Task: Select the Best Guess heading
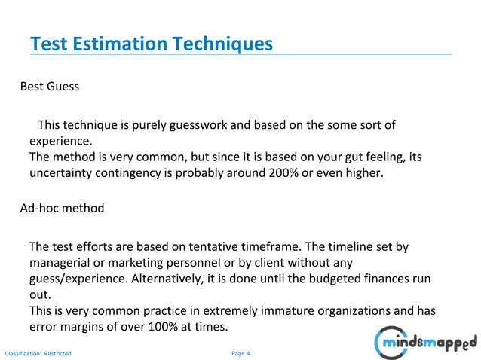pos(50,86)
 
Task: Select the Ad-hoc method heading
pos(62,208)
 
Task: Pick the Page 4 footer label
pos(240,352)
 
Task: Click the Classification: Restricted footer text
pos(38,352)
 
